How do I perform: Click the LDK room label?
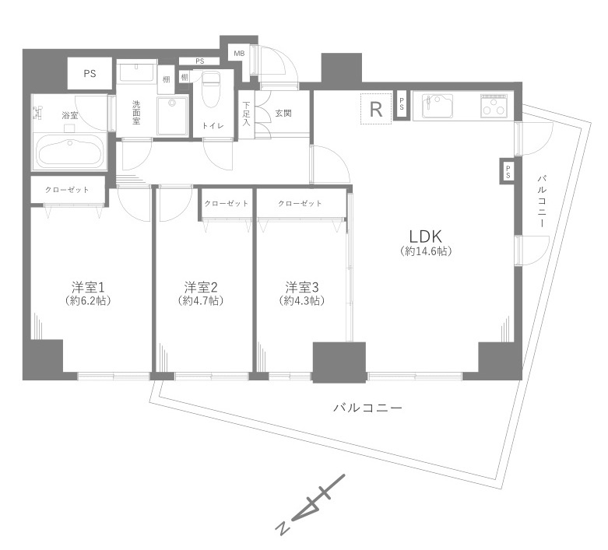coord(427,235)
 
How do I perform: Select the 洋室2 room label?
coord(201,286)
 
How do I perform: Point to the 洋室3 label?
coord(301,286)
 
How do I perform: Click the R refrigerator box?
coord(376,109)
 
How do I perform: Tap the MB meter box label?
coord(237,54)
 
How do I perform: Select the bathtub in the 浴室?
coord(69,151)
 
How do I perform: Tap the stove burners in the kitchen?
coord(493,107)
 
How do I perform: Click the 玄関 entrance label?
coord(283,114)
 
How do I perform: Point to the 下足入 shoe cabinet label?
coord(246,114)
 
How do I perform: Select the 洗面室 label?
coord(136,113)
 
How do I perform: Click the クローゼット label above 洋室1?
coord(66,190)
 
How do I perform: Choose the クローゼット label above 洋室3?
coord(300,204)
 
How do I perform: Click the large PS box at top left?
coord(90,74)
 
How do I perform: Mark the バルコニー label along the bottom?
coord(367,407)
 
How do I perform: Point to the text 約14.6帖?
coord(427,251)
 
